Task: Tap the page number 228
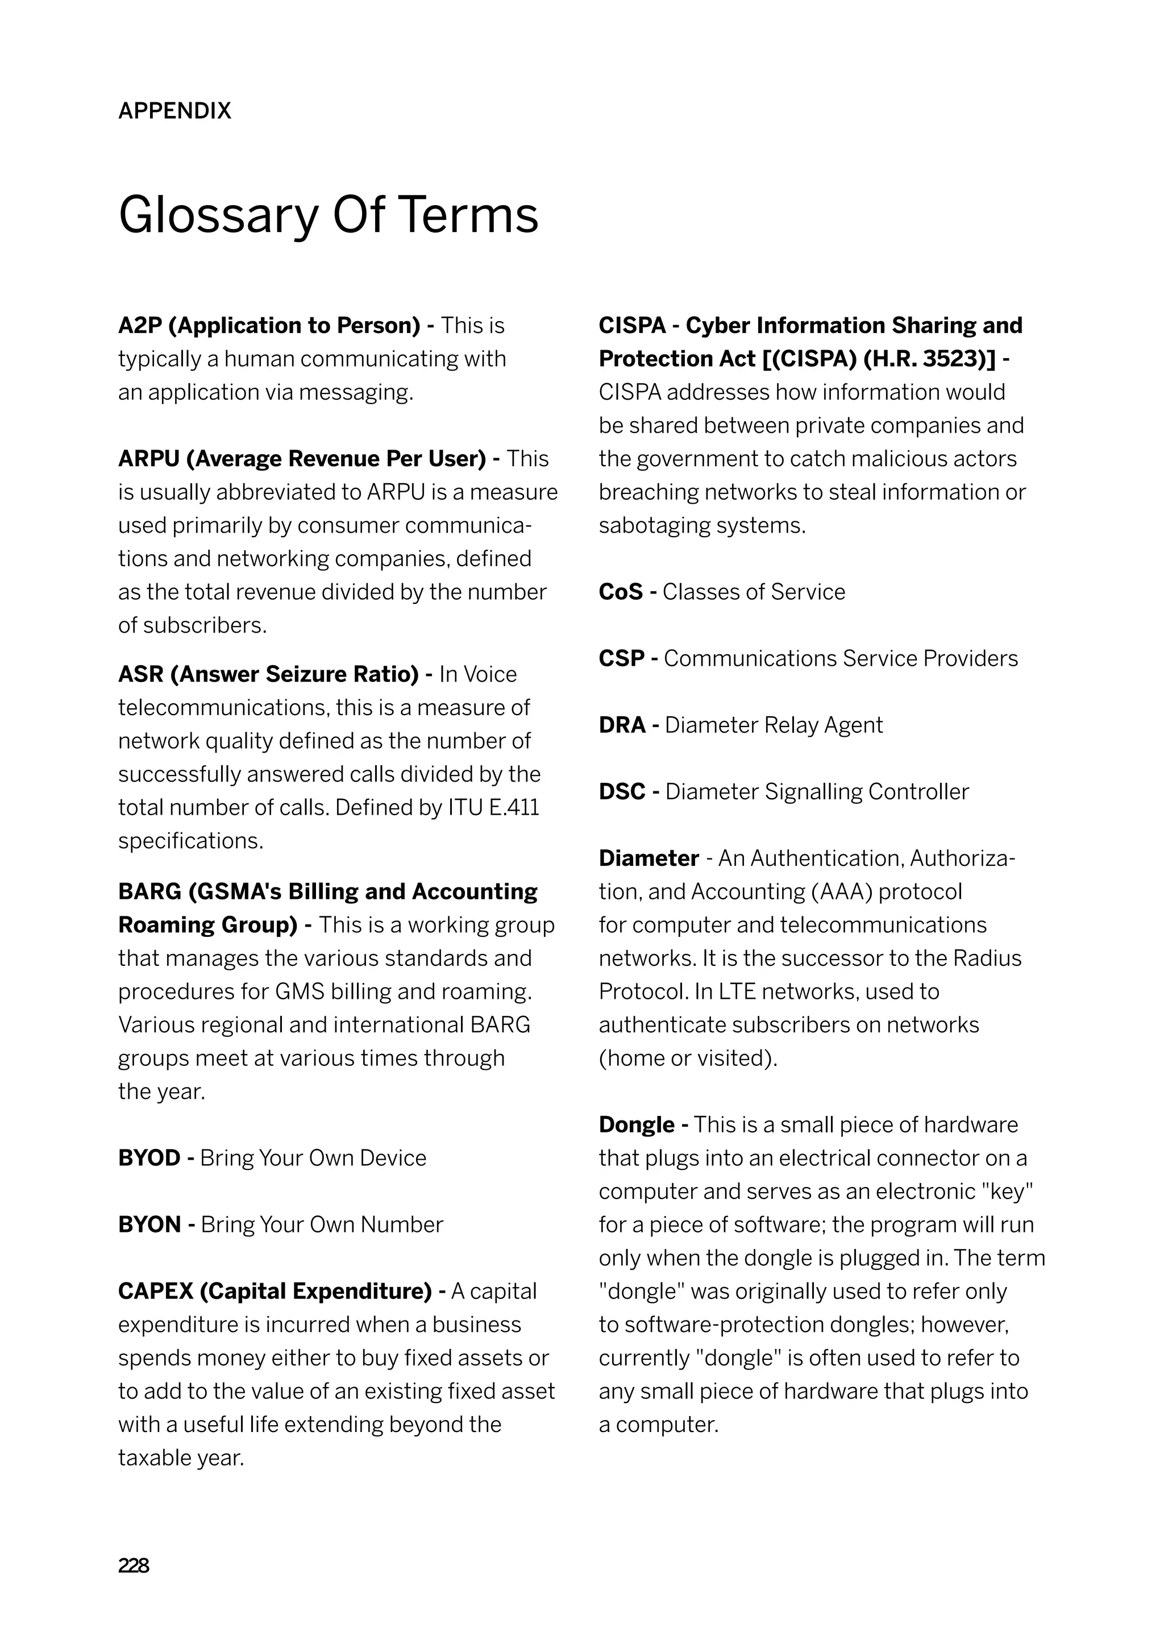coord(134,1566)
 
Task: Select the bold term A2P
coord(140,326)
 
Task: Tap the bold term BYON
coord(149,1225)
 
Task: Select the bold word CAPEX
coord(155,1292)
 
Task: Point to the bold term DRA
coord(622,725)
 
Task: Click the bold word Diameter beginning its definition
coord(648,858)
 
